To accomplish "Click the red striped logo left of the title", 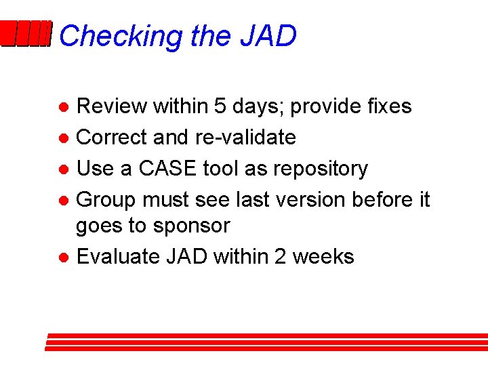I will coord(26,35).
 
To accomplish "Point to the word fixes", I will coord(388,106).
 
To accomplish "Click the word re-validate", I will coord(245,138).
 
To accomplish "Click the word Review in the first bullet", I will coord(112,106).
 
